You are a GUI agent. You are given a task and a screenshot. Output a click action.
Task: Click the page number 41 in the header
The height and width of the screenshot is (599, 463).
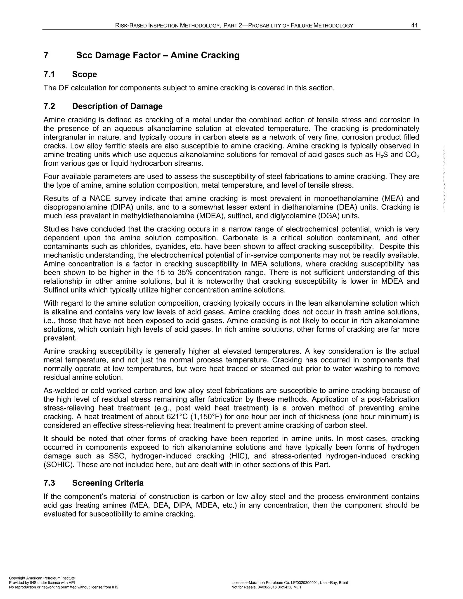point(414,26)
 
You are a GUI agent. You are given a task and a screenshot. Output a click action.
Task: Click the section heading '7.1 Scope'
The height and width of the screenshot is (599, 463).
point(70,74)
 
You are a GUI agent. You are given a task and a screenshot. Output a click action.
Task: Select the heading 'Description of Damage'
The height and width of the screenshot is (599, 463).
point(117,106)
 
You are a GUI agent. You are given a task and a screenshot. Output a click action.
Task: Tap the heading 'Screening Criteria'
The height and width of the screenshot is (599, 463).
point(108,483)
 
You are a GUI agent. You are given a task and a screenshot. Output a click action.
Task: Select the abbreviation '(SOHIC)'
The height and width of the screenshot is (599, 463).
point(56,465)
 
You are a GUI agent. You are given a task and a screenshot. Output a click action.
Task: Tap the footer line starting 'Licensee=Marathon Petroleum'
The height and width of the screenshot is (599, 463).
point(290,582)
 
